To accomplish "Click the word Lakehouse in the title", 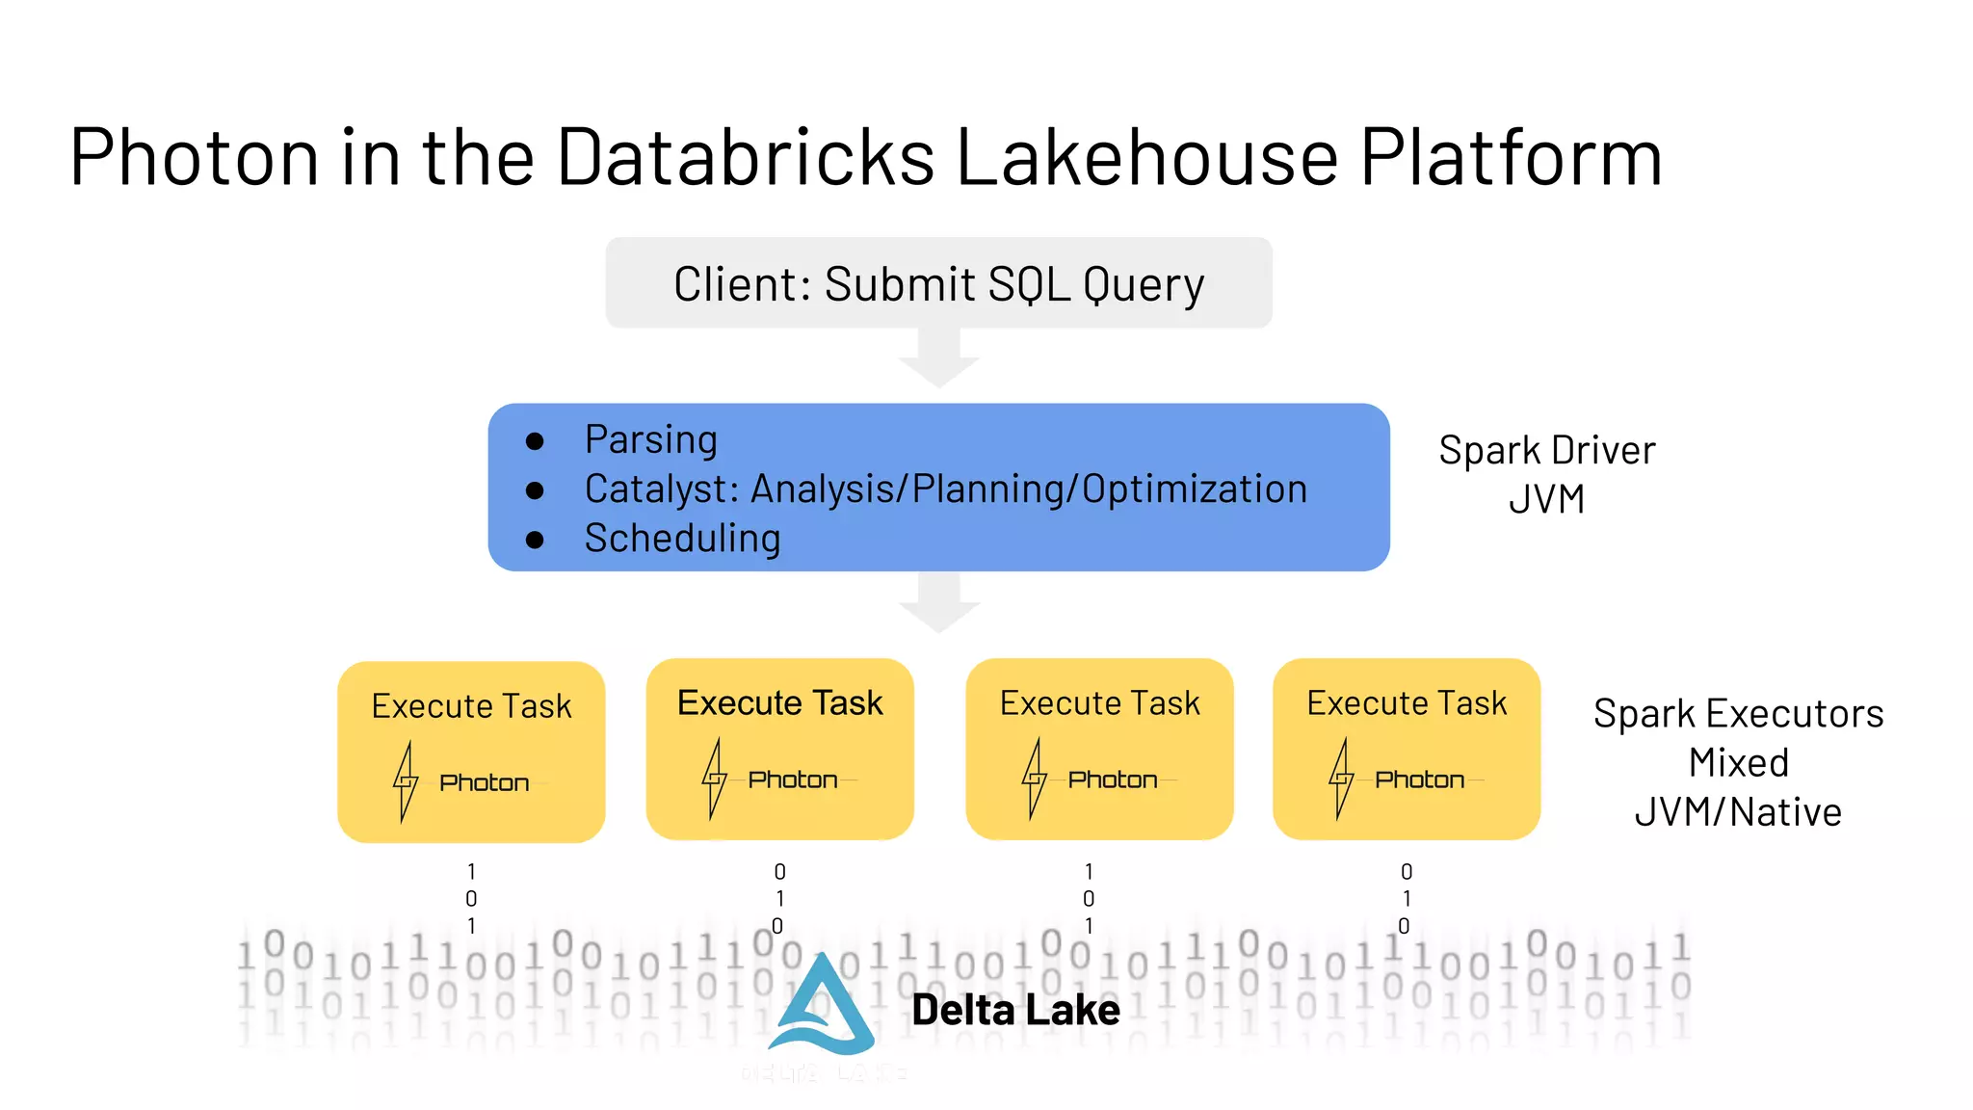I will (1146, 157).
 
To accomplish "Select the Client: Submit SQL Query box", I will (938, 283).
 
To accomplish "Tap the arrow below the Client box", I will (939, 360).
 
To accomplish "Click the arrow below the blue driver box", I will (939, 605).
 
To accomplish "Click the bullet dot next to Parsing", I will (536, 441).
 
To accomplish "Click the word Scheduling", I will (682, 539).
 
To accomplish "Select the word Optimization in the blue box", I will (1195, 489).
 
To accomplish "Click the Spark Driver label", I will (1546, 451).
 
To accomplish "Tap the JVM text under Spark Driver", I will (1546, 500).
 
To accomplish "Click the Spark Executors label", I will (1738, 714).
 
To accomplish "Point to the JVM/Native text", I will (1738, 812).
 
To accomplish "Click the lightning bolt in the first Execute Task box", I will (406, 781).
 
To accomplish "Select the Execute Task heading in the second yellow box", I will (779, 703).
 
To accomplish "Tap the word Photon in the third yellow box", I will (1113, 780).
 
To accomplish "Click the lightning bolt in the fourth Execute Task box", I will (1341, 779).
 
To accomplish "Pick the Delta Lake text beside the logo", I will (1015, 1010).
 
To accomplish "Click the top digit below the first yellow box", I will (471, 872).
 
